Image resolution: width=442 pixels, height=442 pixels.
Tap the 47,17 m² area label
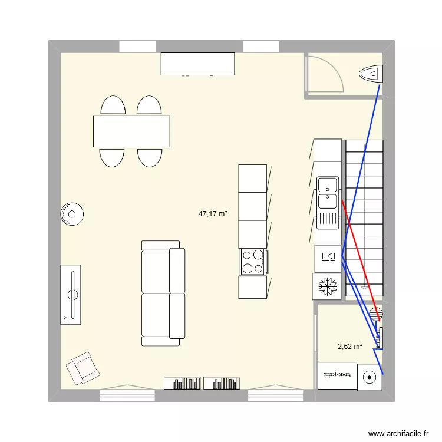coord(213,215)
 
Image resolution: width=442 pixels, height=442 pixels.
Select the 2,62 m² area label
coord(349,347)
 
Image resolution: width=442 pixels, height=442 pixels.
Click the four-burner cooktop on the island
coord(253,262)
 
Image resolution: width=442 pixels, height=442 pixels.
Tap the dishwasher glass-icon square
coord(328,257)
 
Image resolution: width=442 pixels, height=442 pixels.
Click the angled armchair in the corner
coord(82,368)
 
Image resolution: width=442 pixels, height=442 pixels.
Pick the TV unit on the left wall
coord(71,295)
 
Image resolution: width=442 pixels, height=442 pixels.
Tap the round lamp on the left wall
coord(72,215)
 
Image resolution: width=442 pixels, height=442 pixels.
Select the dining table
coord(131,131)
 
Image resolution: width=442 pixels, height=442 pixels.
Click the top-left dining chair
coord(113,106)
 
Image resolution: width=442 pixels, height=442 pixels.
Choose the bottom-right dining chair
coord(150,157)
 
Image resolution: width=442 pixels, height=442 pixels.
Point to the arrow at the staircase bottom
coord(364,286)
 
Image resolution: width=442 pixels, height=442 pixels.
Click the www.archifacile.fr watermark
coord(399,433)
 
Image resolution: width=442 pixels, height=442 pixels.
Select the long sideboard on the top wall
coord(198,64)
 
